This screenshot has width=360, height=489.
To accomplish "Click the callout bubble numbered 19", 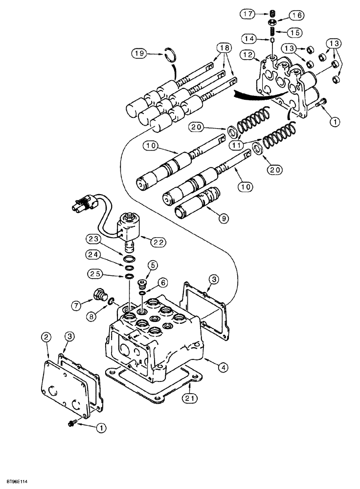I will pos(140,54).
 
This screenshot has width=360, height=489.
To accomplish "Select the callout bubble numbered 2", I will pos(46,337).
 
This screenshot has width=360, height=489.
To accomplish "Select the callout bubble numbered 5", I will pos(153,265).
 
